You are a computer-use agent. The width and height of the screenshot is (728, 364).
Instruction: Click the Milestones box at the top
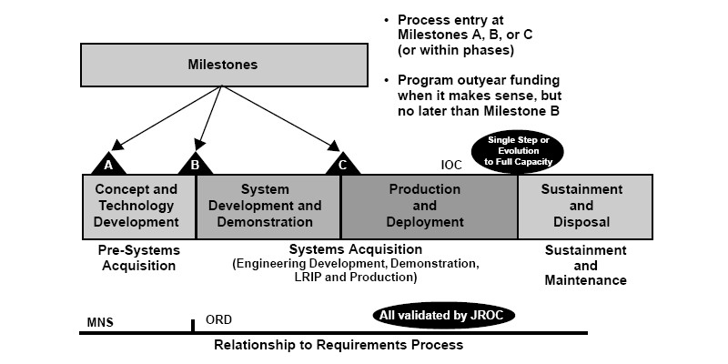coord(223,65)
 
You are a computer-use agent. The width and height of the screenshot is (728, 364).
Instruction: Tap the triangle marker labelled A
coord(109,164)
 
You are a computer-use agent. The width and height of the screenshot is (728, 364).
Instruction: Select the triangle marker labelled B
coord(194,164)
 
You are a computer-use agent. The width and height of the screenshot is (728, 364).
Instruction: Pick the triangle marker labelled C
coord(342,164)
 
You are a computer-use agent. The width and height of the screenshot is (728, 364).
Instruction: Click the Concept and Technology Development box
coord(136,206)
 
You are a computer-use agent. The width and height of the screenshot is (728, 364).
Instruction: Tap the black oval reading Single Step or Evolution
coord(519,150)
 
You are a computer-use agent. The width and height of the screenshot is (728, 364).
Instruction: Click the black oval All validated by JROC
coord(443,315)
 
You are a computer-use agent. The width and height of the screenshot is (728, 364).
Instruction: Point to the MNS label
coord(100,322)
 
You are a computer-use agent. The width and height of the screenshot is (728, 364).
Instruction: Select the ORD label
coord(218,321)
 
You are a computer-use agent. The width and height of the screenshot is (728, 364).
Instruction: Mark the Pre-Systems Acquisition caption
coord(138,258)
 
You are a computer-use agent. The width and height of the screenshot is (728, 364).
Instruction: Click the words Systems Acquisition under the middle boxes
coord(356,249)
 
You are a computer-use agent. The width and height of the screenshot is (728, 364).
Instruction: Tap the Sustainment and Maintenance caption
coord(585,265)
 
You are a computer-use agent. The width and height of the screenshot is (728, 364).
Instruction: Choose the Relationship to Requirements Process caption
coord(339,345)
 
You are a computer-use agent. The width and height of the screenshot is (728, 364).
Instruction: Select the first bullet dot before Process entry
coord(389,20)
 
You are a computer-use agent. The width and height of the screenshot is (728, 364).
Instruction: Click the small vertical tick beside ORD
coord(192,325)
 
